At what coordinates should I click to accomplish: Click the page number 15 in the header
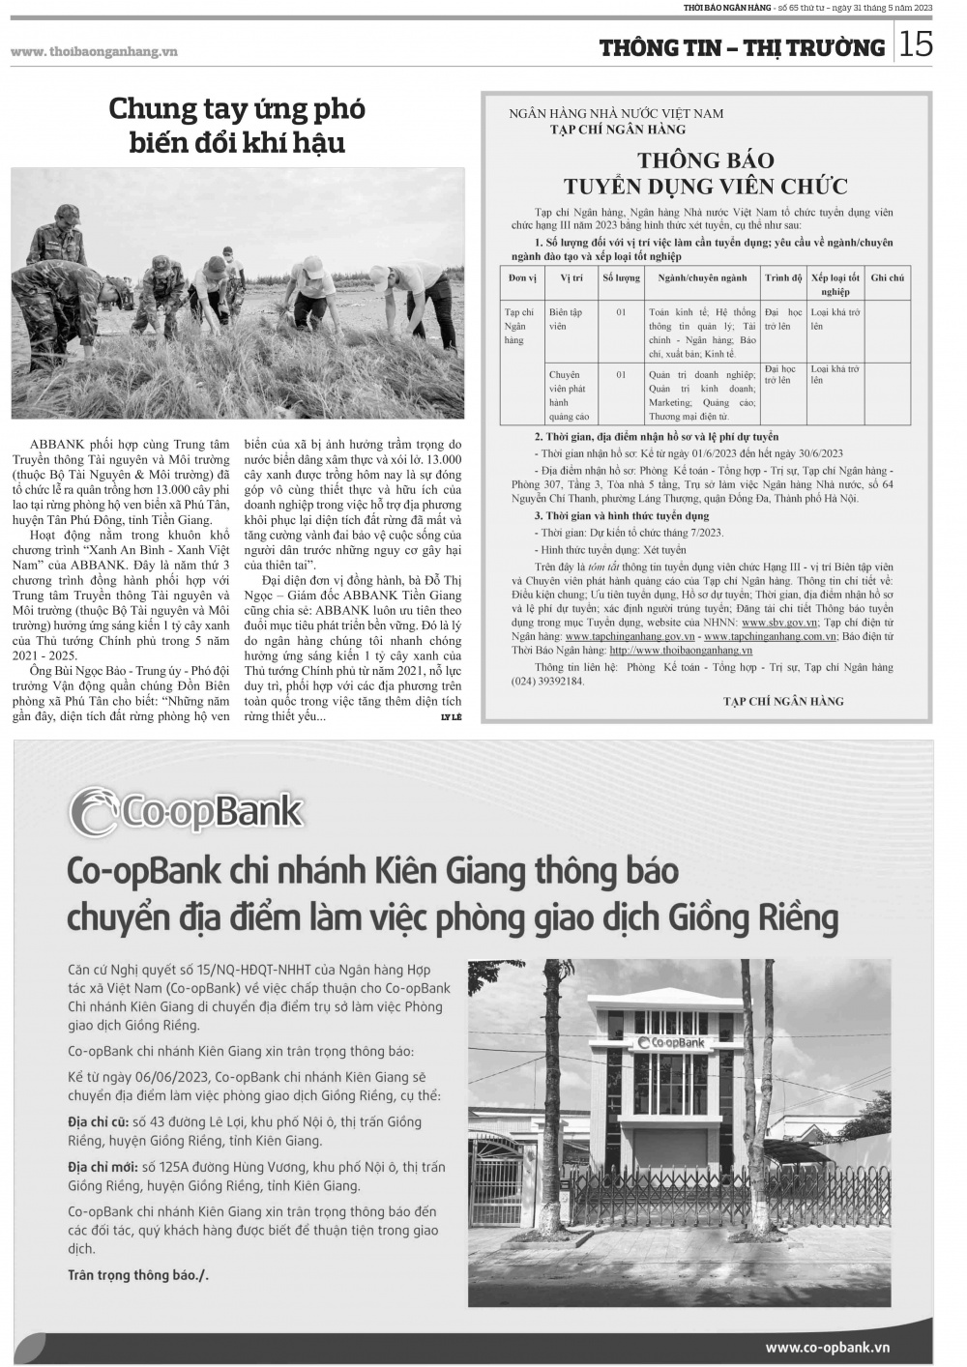917,44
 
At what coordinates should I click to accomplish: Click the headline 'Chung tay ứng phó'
237,109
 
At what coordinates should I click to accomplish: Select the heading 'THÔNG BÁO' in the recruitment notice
705,160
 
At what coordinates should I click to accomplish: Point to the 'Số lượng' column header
621,277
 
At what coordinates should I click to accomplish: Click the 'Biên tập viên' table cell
566,319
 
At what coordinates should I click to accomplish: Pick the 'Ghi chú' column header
887,277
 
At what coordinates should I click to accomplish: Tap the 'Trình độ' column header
783,277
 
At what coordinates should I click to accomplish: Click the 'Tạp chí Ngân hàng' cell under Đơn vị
519,326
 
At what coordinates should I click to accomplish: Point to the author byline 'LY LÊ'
451,716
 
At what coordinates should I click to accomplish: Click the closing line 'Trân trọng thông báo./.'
137,1274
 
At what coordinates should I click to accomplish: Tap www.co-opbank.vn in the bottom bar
827,1347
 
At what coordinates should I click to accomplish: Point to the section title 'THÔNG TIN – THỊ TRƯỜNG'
742,47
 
